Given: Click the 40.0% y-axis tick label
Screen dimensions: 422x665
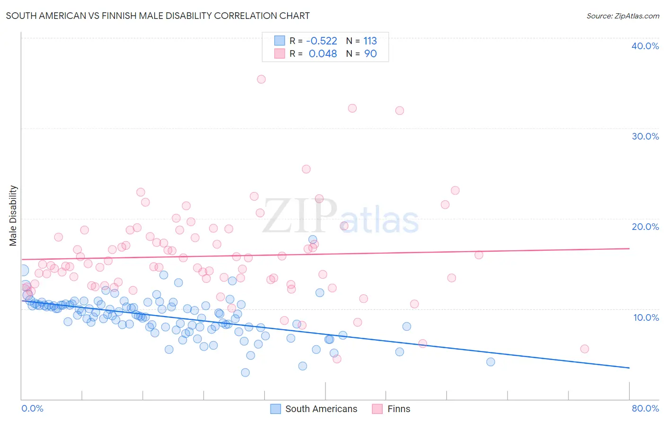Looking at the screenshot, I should [x=645, y=46].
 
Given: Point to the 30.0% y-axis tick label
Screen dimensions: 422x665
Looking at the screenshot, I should [x=645, y=136].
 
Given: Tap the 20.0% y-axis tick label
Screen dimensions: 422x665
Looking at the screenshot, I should [x=645, y=227].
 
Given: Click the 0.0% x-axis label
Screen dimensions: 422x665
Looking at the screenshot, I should [x=32, y=408].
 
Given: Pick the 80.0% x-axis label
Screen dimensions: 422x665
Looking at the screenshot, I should [x=645, y=408].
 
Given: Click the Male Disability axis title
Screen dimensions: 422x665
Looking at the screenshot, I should [x=13, y=215].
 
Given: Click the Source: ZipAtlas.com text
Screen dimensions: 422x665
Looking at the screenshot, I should [x=622, y=16].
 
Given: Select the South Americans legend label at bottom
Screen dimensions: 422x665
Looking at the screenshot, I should [x=321, y=409].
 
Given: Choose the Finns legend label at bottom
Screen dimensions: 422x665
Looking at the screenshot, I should [x=399, y=409].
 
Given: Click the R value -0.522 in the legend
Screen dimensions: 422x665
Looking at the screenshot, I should [x=322, y=41].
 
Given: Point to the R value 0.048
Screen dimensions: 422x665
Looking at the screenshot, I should [x=323, y=54].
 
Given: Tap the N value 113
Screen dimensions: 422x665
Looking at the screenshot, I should [x=370, y=41].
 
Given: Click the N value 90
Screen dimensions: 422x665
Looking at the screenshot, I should [x=370, y=54].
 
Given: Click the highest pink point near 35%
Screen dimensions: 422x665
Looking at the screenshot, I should [x=261, y=79].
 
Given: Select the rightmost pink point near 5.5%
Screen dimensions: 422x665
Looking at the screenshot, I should [x=585, y=349].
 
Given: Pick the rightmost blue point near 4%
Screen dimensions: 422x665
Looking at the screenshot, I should [x=490, y=362].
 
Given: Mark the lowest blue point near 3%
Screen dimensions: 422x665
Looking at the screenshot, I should [x=245, y=372].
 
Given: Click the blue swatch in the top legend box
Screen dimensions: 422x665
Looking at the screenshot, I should [x=280, y=41].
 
